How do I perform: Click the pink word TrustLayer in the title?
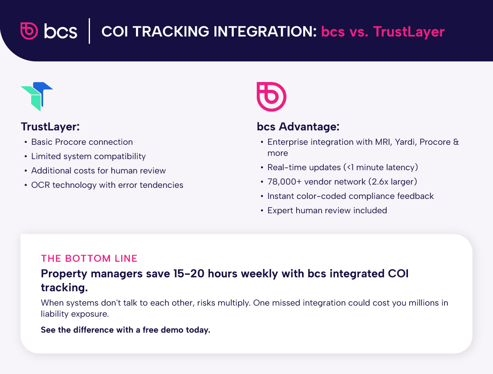pyautogui.click(x=409, y=32)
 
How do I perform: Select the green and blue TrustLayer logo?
pyautogui.click(x=37, y=96)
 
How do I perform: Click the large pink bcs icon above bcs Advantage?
pyautogui.click(x=271, y=96)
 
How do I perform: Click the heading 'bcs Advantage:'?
pyautogui.click(x=298, y=127)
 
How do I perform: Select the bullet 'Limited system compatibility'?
pyautogui.click(x=88, y=156)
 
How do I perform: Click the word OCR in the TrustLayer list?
pyautogui.click(x=39, y=185)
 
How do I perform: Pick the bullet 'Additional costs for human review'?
pyautogui.click(x=99, y=171)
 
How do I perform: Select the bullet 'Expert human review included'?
pyautogui.click(x=327, y=210)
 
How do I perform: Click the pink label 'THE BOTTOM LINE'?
pyautogui.click(x=89, y=258)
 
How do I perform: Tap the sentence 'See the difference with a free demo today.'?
pyautogui.click(x=125, y=330)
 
